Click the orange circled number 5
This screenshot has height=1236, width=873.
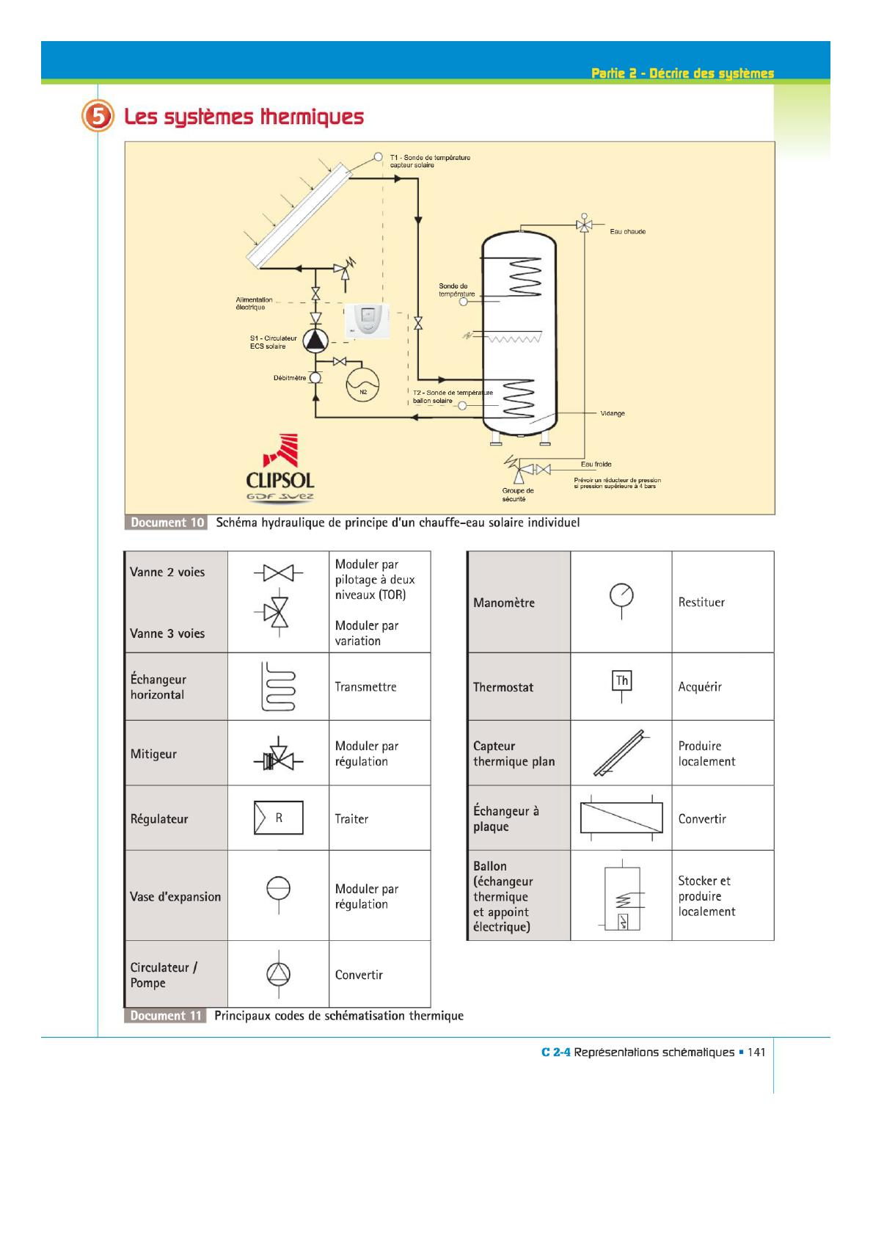(x=98, y=116)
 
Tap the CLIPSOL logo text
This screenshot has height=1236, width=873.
(x=280, y=480)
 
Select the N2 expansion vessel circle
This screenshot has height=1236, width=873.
(x=362, y=382)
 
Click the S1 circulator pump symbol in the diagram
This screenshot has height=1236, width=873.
(x=316, y=340)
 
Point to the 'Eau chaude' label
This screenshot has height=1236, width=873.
(x=627, y=232)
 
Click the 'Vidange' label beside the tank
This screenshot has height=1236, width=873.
(x=613, y=413)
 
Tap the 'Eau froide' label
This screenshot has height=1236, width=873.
(x=596, y=464)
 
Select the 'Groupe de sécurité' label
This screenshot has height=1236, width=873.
(x=518, y=495)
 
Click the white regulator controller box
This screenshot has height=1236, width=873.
(x=367, y=321)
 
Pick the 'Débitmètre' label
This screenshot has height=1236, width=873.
(x=289, y=378)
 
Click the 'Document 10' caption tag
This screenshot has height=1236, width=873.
(x=167, y=523)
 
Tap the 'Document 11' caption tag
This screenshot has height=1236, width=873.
(x=166, y=1016)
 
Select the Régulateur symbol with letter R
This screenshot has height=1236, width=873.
(x=279, y=818)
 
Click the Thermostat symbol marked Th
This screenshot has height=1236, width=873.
(x=621, y=681)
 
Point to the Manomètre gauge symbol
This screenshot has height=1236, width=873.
(x=621, y=595)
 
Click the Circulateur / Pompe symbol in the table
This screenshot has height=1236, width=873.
(x=278, y=974)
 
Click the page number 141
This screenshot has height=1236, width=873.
(x=756, y=1053)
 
